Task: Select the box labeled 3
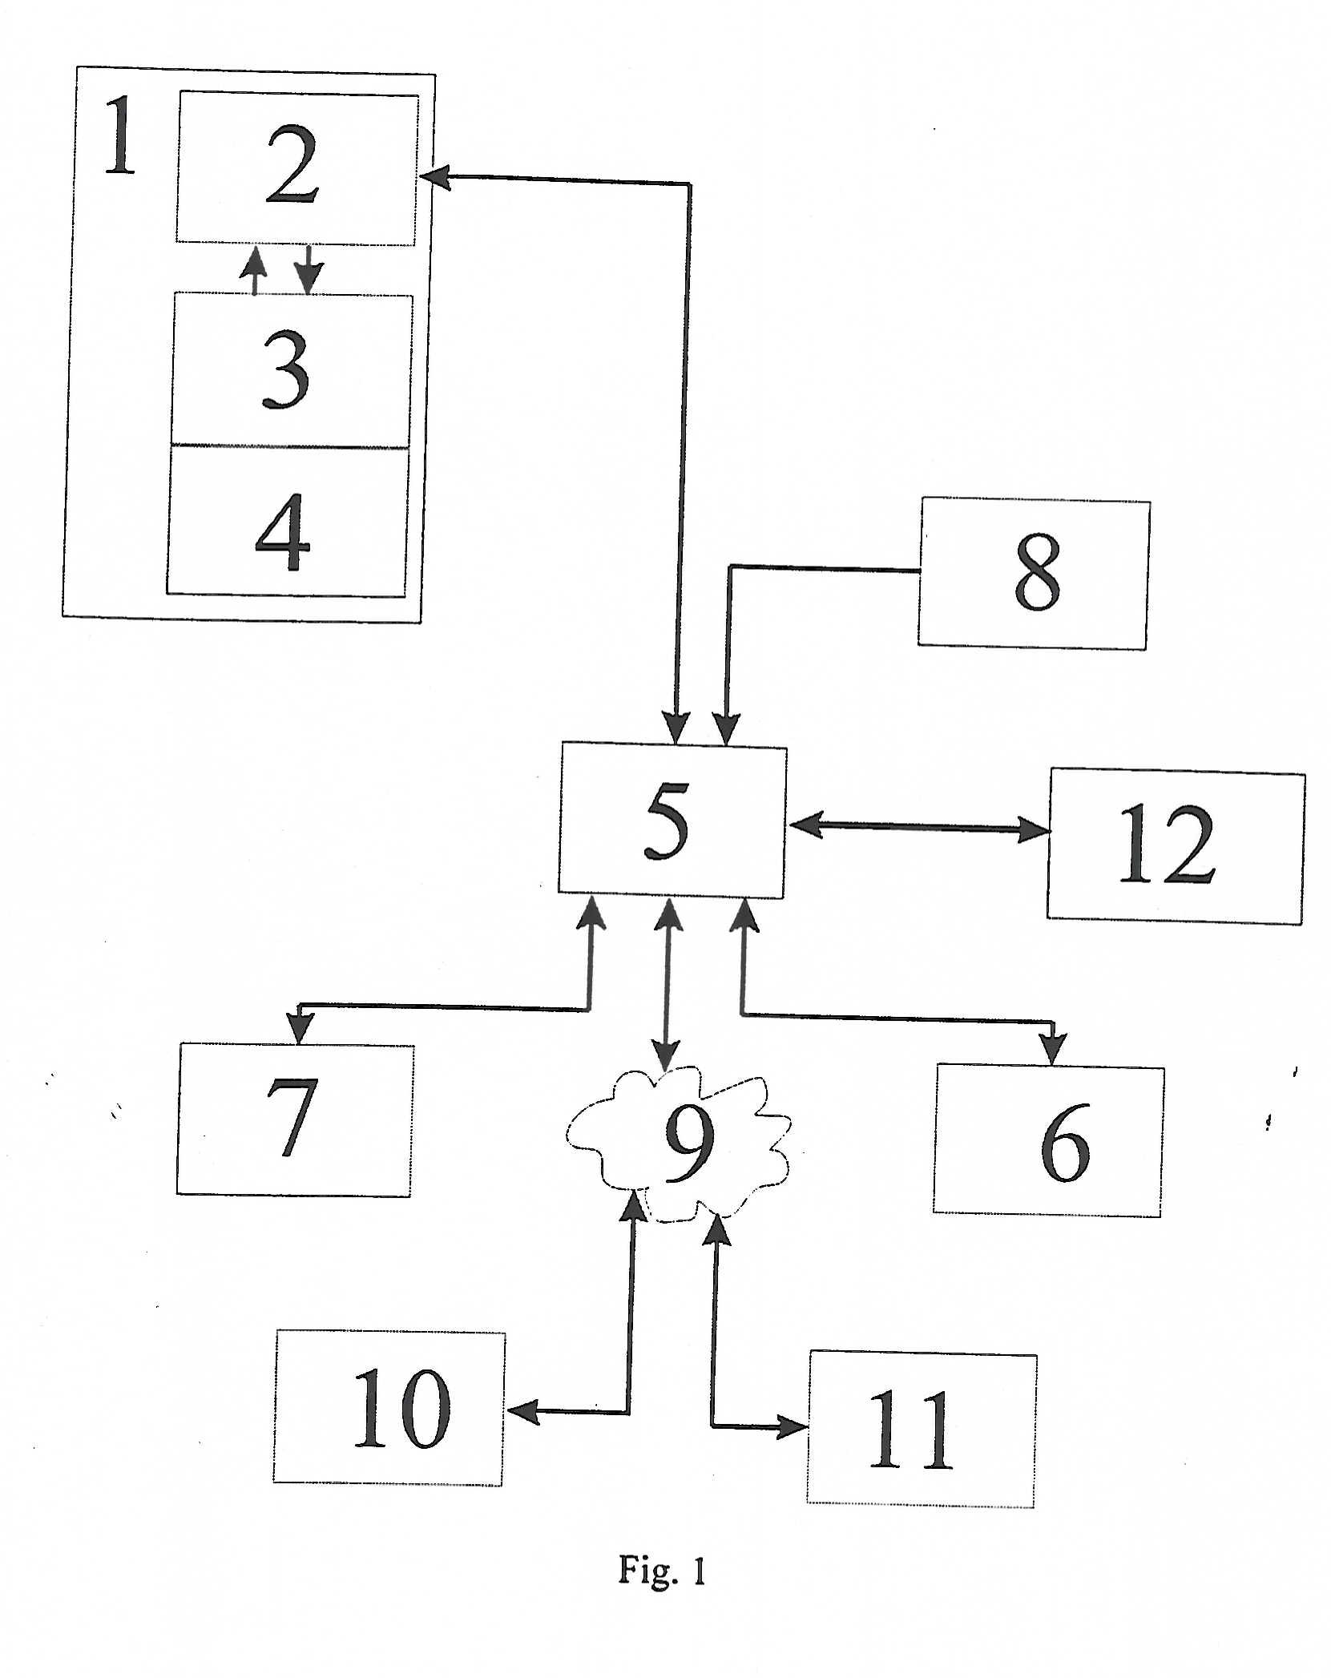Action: [x=292, y=370]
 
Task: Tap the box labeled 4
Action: [x=287, y=522]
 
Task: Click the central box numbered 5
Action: [x=672, y=821]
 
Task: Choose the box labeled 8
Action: [x=1034, y=574]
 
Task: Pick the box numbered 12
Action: [x=1176, y=845]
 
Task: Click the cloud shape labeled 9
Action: [x=678, y=1145]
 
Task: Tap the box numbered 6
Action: [x=1048, y=1141]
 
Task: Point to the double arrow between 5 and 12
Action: [x=918, y=828]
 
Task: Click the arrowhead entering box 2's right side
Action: [x=434, y=177]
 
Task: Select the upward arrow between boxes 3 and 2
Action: [x=254, y=271]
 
